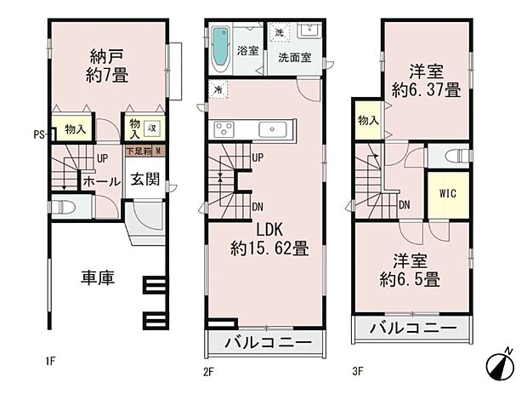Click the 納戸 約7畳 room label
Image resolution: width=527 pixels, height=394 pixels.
click(109, 66)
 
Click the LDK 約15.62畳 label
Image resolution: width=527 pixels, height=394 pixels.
click(268, 240)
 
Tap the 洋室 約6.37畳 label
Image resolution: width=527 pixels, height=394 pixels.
click(422, 77)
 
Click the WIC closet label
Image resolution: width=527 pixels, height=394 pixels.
click(447, 193)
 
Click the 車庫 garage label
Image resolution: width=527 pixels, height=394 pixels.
click(98, 277)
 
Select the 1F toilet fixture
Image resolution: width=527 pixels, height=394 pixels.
click(64, 208)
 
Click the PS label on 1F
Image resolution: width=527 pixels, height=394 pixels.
click(38, 134)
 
